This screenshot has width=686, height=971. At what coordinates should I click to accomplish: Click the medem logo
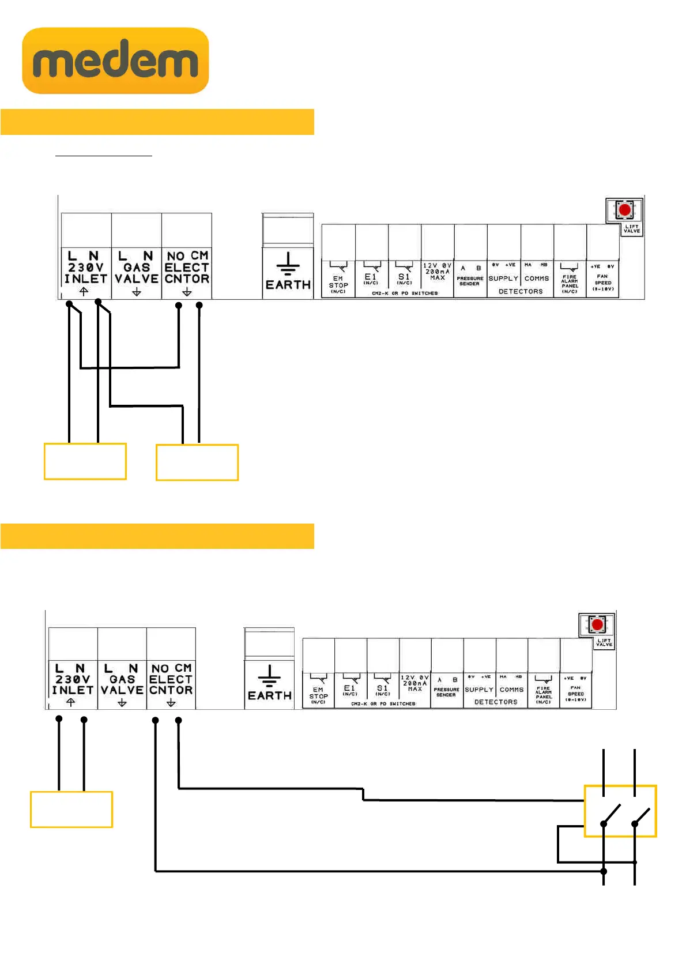(x=115, y=61)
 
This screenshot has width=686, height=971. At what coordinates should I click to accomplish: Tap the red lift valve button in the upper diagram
(x=624, y=209)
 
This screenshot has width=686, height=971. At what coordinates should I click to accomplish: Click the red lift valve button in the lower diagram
(x=597, y=624)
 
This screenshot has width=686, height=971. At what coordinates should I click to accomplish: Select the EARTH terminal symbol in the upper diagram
(x=288, y=264)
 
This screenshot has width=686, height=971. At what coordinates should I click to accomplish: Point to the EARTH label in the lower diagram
(x=269, y=695)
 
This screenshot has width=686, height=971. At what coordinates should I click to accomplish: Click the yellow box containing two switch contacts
(x=620, y=811)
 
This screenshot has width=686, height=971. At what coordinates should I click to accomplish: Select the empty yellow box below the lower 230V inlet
(x=71, y=810)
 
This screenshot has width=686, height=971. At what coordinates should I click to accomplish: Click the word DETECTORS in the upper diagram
(x=521, y=292)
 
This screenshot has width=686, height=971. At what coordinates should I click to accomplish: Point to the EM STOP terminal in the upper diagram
(x=338, y=280)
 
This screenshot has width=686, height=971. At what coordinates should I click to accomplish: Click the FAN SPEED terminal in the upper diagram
(x=603, y=279)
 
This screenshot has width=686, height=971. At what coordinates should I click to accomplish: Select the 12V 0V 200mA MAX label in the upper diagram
(x=438, y=272)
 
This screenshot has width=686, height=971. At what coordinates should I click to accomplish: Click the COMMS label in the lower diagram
(x=511, y=690)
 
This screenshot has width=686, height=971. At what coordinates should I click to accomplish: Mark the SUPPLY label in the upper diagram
(x=503, y=278)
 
